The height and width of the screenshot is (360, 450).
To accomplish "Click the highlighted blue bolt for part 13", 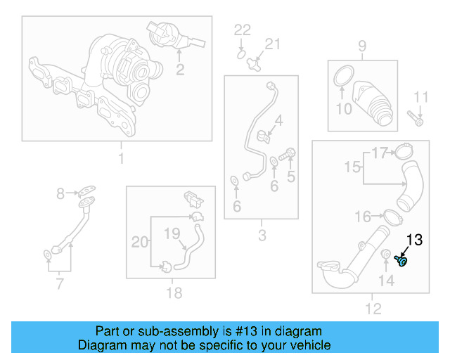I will [x=402, y=262].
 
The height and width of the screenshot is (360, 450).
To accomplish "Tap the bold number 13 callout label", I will [x=414, y=240].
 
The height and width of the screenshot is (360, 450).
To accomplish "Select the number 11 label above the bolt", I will [x=420, y=96].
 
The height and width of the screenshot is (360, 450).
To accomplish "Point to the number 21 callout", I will [x=271, y=44].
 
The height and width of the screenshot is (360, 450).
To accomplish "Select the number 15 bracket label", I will [x=352, y=167].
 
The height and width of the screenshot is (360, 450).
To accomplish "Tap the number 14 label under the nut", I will [x=387, y=281].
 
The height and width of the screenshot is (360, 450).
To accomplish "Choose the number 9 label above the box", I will [x=362, y=46].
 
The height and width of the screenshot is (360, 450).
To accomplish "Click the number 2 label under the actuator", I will [x=180, y=69].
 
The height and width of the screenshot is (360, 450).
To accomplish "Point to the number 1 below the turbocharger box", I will [x=120, y=159].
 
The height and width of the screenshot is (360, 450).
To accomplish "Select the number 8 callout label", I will [x=60, y=192].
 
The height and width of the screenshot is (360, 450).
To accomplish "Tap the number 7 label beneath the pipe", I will [x=59, y=284].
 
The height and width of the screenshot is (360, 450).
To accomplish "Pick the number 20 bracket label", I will [x=141, y=242].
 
